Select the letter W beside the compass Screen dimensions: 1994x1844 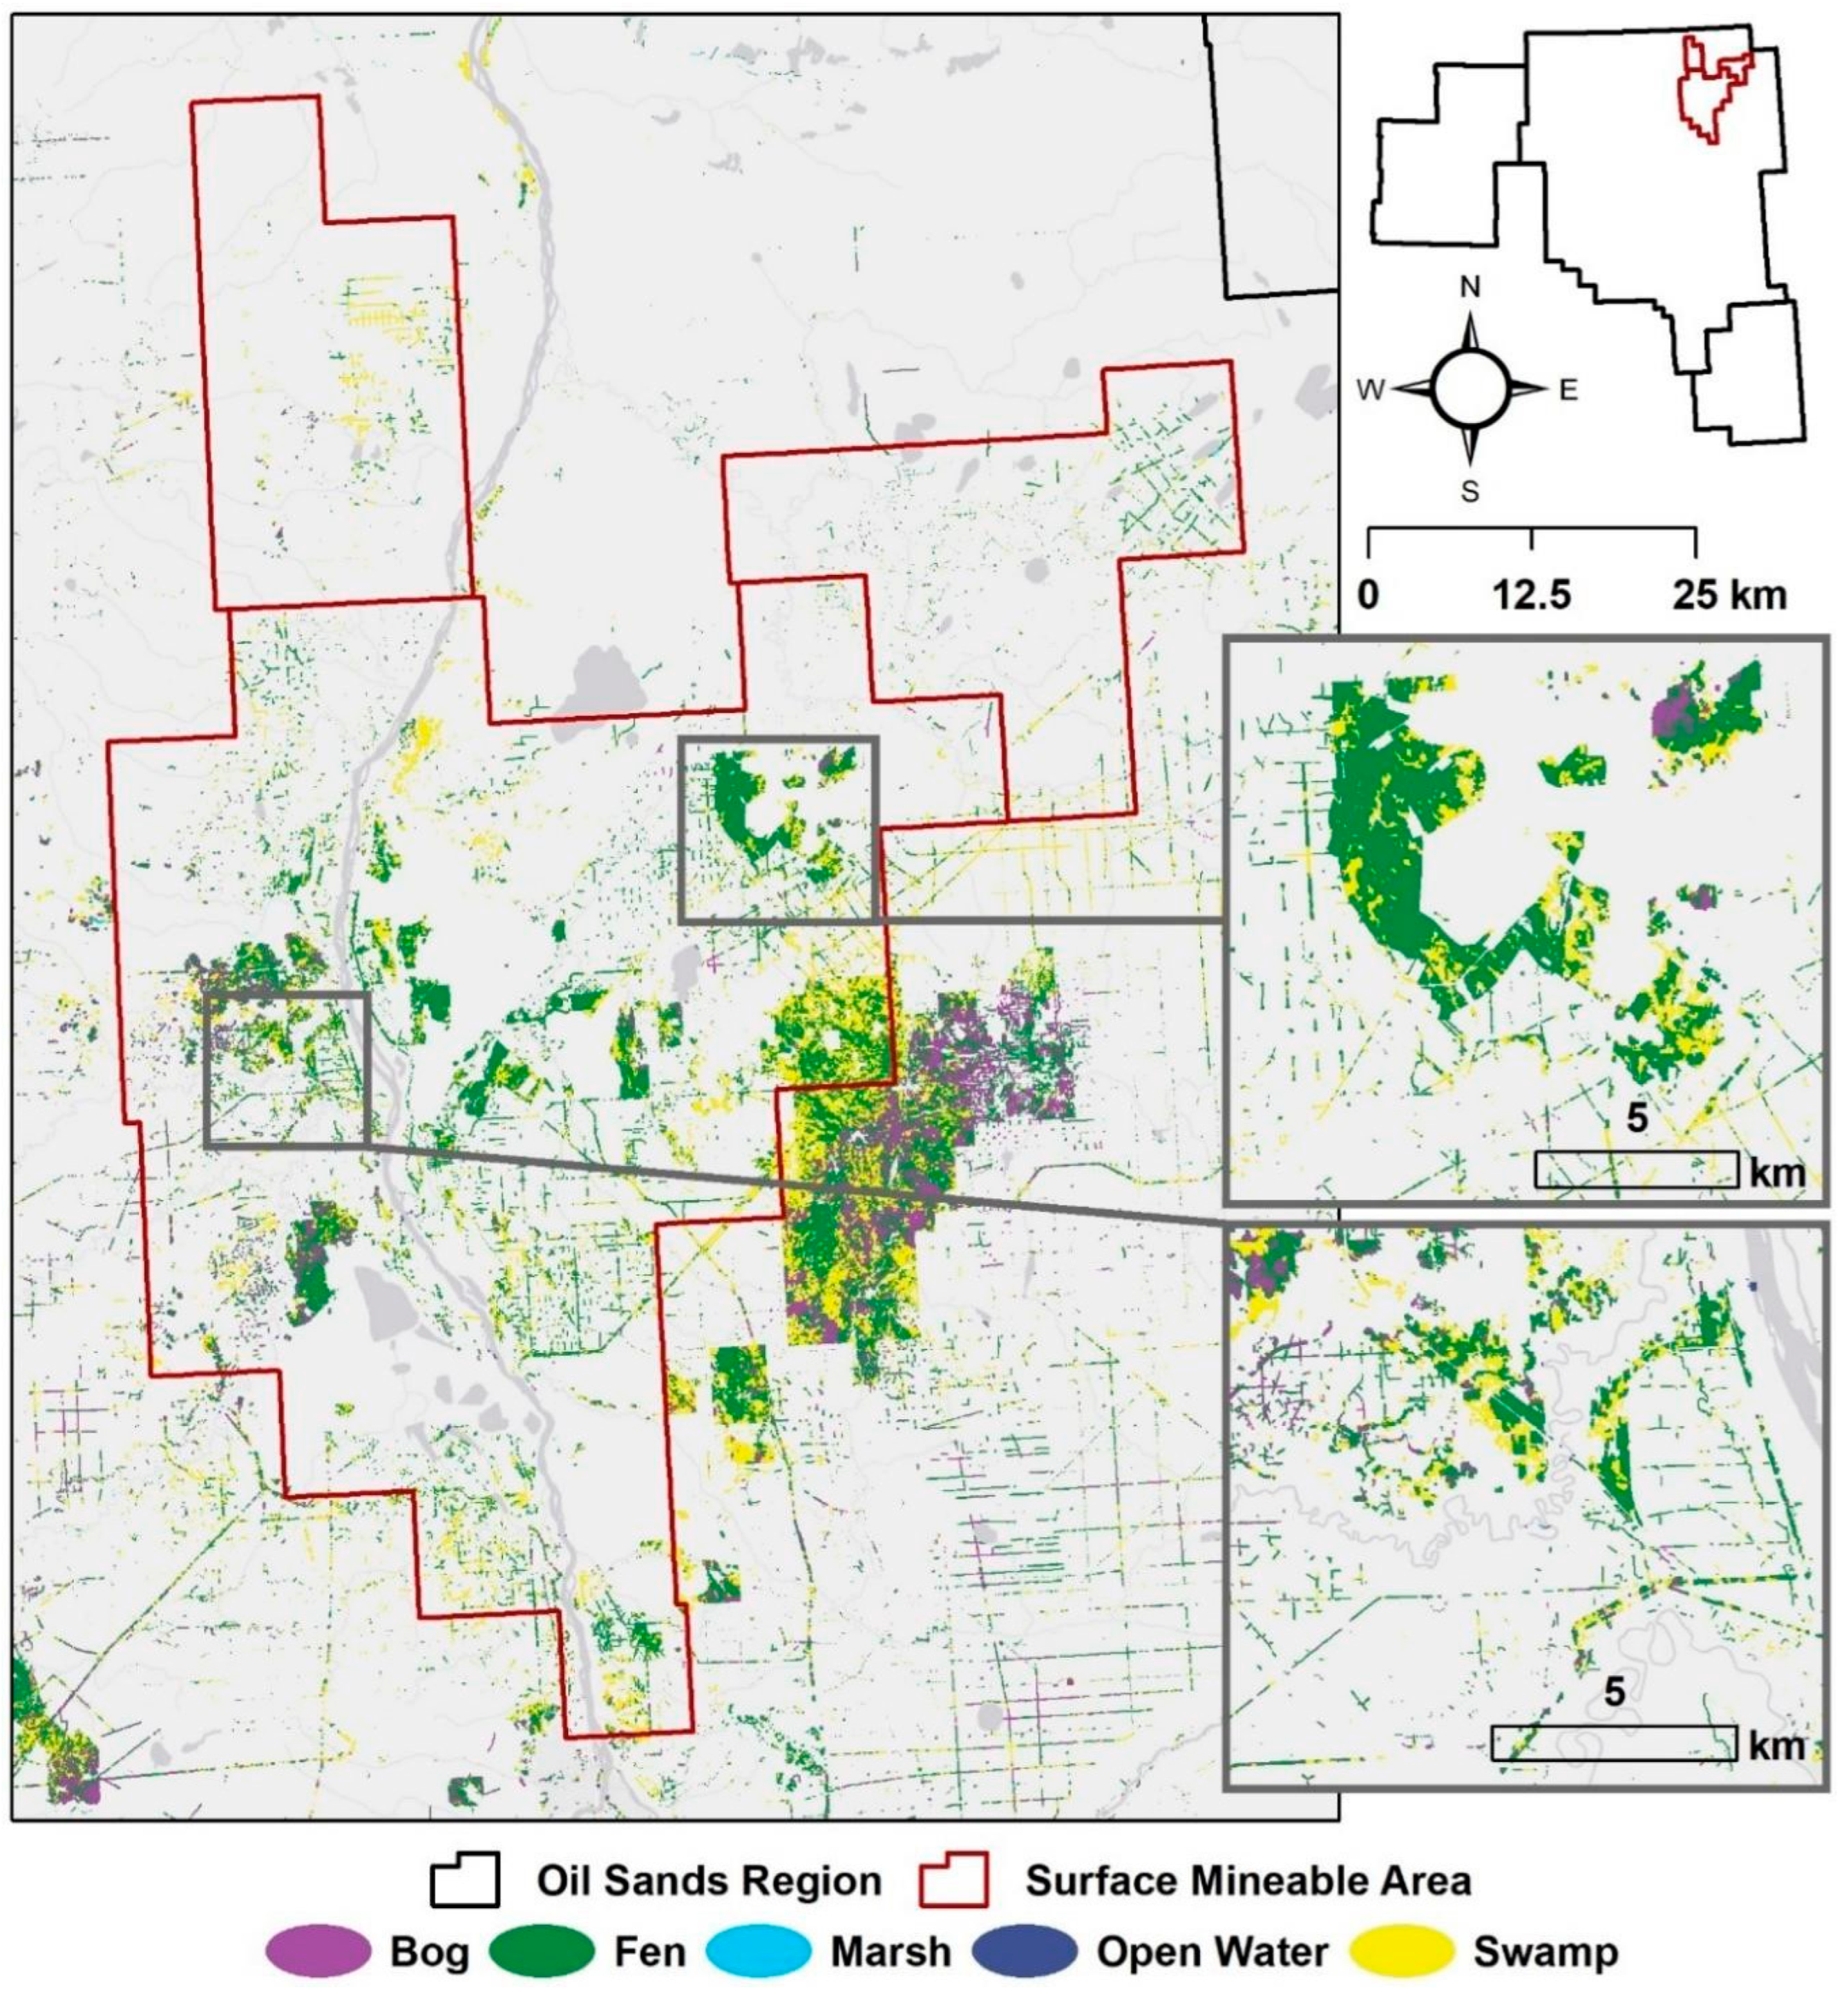click(1370, 390)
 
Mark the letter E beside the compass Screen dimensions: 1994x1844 click(1568, 390)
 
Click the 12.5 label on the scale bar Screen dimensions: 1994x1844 click(1532, 596)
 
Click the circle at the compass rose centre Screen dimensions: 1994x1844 click(1470, 389)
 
